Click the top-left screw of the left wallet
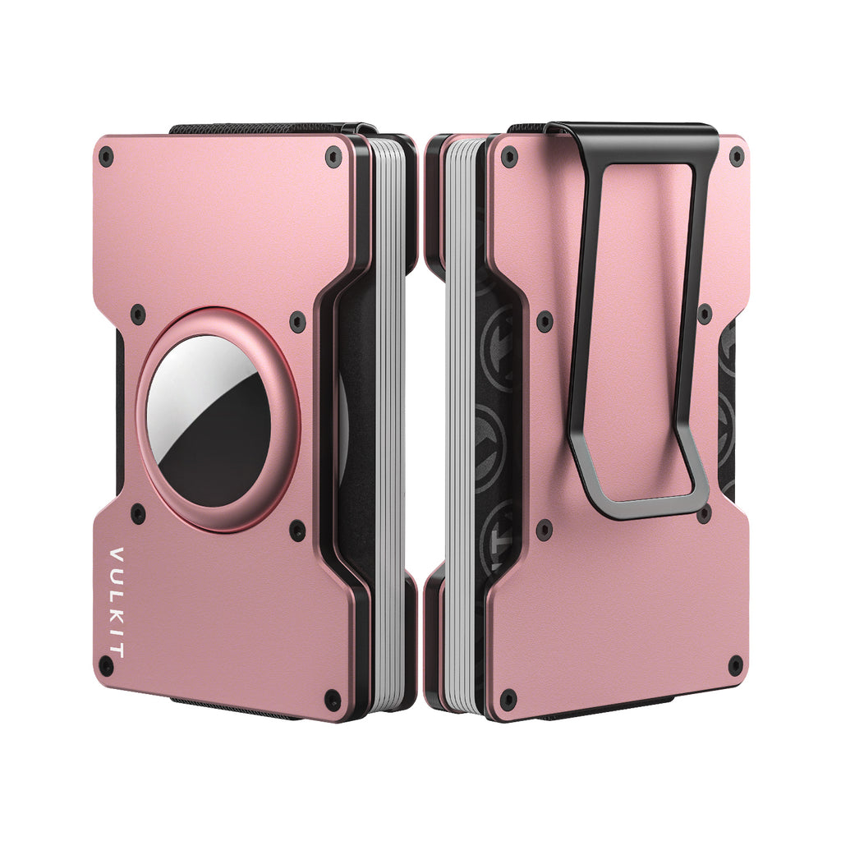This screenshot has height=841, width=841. pyautogui.click(x=106, y=157)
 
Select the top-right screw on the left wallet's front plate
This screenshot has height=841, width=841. pyautogui.click(x=333, y=156)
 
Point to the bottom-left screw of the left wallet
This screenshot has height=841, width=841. pyautogui.click(x=106, y=665)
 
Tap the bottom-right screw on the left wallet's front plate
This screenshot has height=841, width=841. pyautogui.click(x=333, y=700)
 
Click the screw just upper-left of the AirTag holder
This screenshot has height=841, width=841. pyautogui.click(x=138, y=314)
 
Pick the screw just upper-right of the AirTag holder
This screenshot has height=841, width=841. pyautogui.click(x=297, y=321)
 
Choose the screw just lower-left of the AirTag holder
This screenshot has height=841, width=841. pyautogui.click(x=138, y=513)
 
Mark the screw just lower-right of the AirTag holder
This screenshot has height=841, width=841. pyautogui.click(x=297, y=531)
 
